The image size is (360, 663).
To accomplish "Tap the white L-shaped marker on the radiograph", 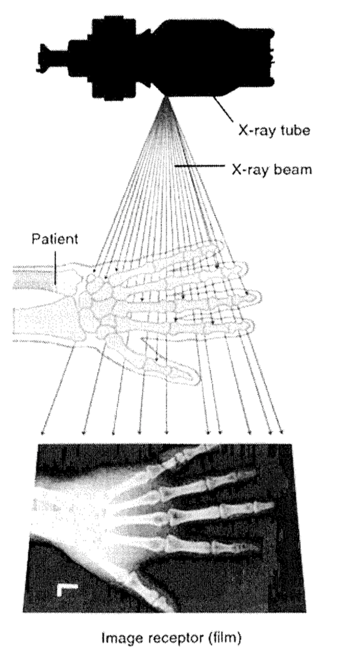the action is [65, 588].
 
